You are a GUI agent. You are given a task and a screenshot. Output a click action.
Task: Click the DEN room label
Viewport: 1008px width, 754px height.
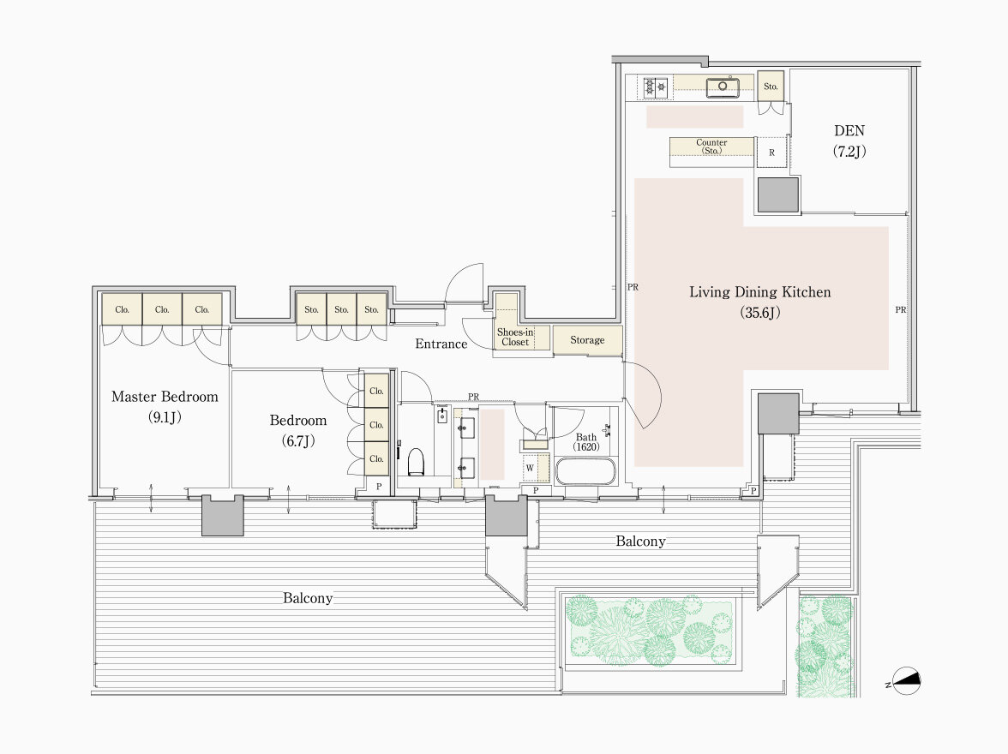tap(849, 141)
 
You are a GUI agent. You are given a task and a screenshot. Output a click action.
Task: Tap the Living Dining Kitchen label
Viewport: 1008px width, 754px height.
tap(759, 302)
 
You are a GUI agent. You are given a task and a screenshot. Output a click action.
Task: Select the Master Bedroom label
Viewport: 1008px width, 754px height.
tap(165, 406)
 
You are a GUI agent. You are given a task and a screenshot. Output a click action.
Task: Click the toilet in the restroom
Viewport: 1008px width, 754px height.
tap(416, 462)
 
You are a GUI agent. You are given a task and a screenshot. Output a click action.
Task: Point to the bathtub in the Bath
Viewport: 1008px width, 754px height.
tap(585, 472)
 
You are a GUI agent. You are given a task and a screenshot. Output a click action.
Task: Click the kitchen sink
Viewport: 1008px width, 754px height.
tap(723, 87)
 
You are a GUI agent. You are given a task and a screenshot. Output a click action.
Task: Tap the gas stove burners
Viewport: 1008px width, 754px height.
tap(656, 87)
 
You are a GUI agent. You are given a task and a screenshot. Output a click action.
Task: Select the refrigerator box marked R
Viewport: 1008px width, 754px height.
tap(772, 153)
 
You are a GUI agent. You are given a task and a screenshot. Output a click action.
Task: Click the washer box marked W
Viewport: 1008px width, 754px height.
tap(530, 468)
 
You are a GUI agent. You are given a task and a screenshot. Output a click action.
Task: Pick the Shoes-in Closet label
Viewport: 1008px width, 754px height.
tap(515, 337)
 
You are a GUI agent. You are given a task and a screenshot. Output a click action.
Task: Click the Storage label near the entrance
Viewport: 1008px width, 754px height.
tap(587, 339)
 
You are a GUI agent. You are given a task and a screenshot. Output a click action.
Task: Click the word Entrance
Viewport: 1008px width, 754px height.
tap(441, 344)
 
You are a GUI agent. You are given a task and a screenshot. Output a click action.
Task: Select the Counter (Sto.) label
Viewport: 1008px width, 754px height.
tap(711, 147)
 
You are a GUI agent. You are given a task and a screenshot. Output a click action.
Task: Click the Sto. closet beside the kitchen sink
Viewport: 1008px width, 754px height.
tap(771, 87)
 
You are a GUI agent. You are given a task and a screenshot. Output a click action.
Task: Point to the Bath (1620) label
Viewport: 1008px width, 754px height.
tap(585, 442)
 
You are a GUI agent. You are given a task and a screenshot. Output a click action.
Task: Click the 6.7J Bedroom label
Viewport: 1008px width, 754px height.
tap(297, 430)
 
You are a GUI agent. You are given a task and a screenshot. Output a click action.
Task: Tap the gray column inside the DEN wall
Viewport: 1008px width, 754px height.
tap(778, 194)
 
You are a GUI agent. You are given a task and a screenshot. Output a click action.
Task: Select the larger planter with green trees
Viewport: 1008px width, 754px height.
tap(650, 631)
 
